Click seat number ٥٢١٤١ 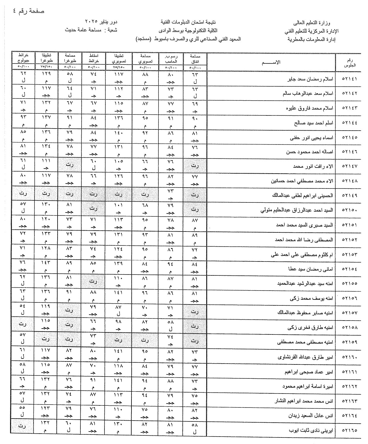point(349,79)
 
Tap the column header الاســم point(271,62)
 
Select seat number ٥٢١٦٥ point(349,430)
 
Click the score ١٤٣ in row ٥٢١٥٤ point(46,262)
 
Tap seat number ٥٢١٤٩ point(349,196)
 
